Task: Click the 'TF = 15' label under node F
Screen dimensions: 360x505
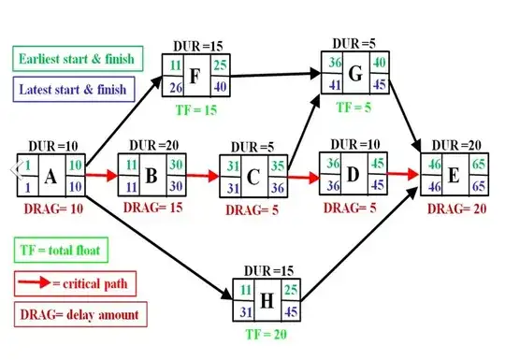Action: [197, 110]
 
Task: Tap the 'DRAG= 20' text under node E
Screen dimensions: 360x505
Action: [454, 209]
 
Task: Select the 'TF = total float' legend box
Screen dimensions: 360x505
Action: [61, 250]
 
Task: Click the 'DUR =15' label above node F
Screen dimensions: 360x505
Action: [196, 46]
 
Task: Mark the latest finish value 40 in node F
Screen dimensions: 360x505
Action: [220, 87]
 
